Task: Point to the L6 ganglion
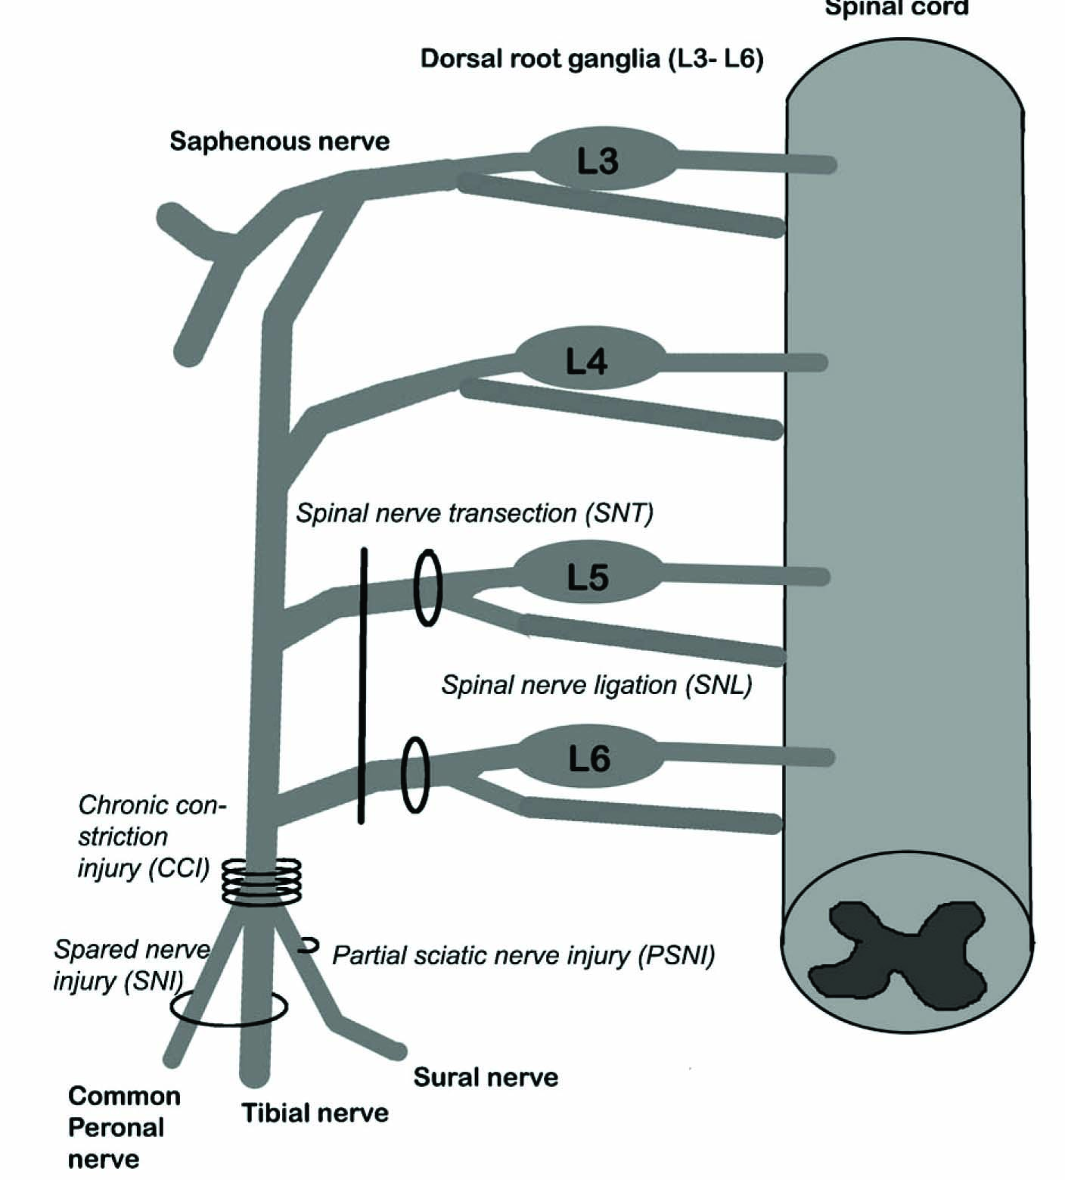(x=589, y=758)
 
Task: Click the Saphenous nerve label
(x=279, y=142)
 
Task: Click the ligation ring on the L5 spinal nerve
(x=428, y=588)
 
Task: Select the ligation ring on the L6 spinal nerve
(x=415, y=774)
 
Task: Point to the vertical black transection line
(x=362, y=685)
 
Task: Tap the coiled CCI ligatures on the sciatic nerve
(x=262, y=880)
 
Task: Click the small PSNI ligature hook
(x=309, y=945)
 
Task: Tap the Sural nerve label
(x=486, y=1077)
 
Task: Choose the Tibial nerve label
(x=315, y=1113)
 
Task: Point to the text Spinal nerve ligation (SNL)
(x=597, y=685)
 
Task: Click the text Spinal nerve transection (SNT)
(x=474, y=512)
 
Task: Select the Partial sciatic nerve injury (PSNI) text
(x=523, y=955)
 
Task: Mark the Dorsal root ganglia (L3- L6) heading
(x=591, y=59)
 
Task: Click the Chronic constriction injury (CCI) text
(x=147, y=836)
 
